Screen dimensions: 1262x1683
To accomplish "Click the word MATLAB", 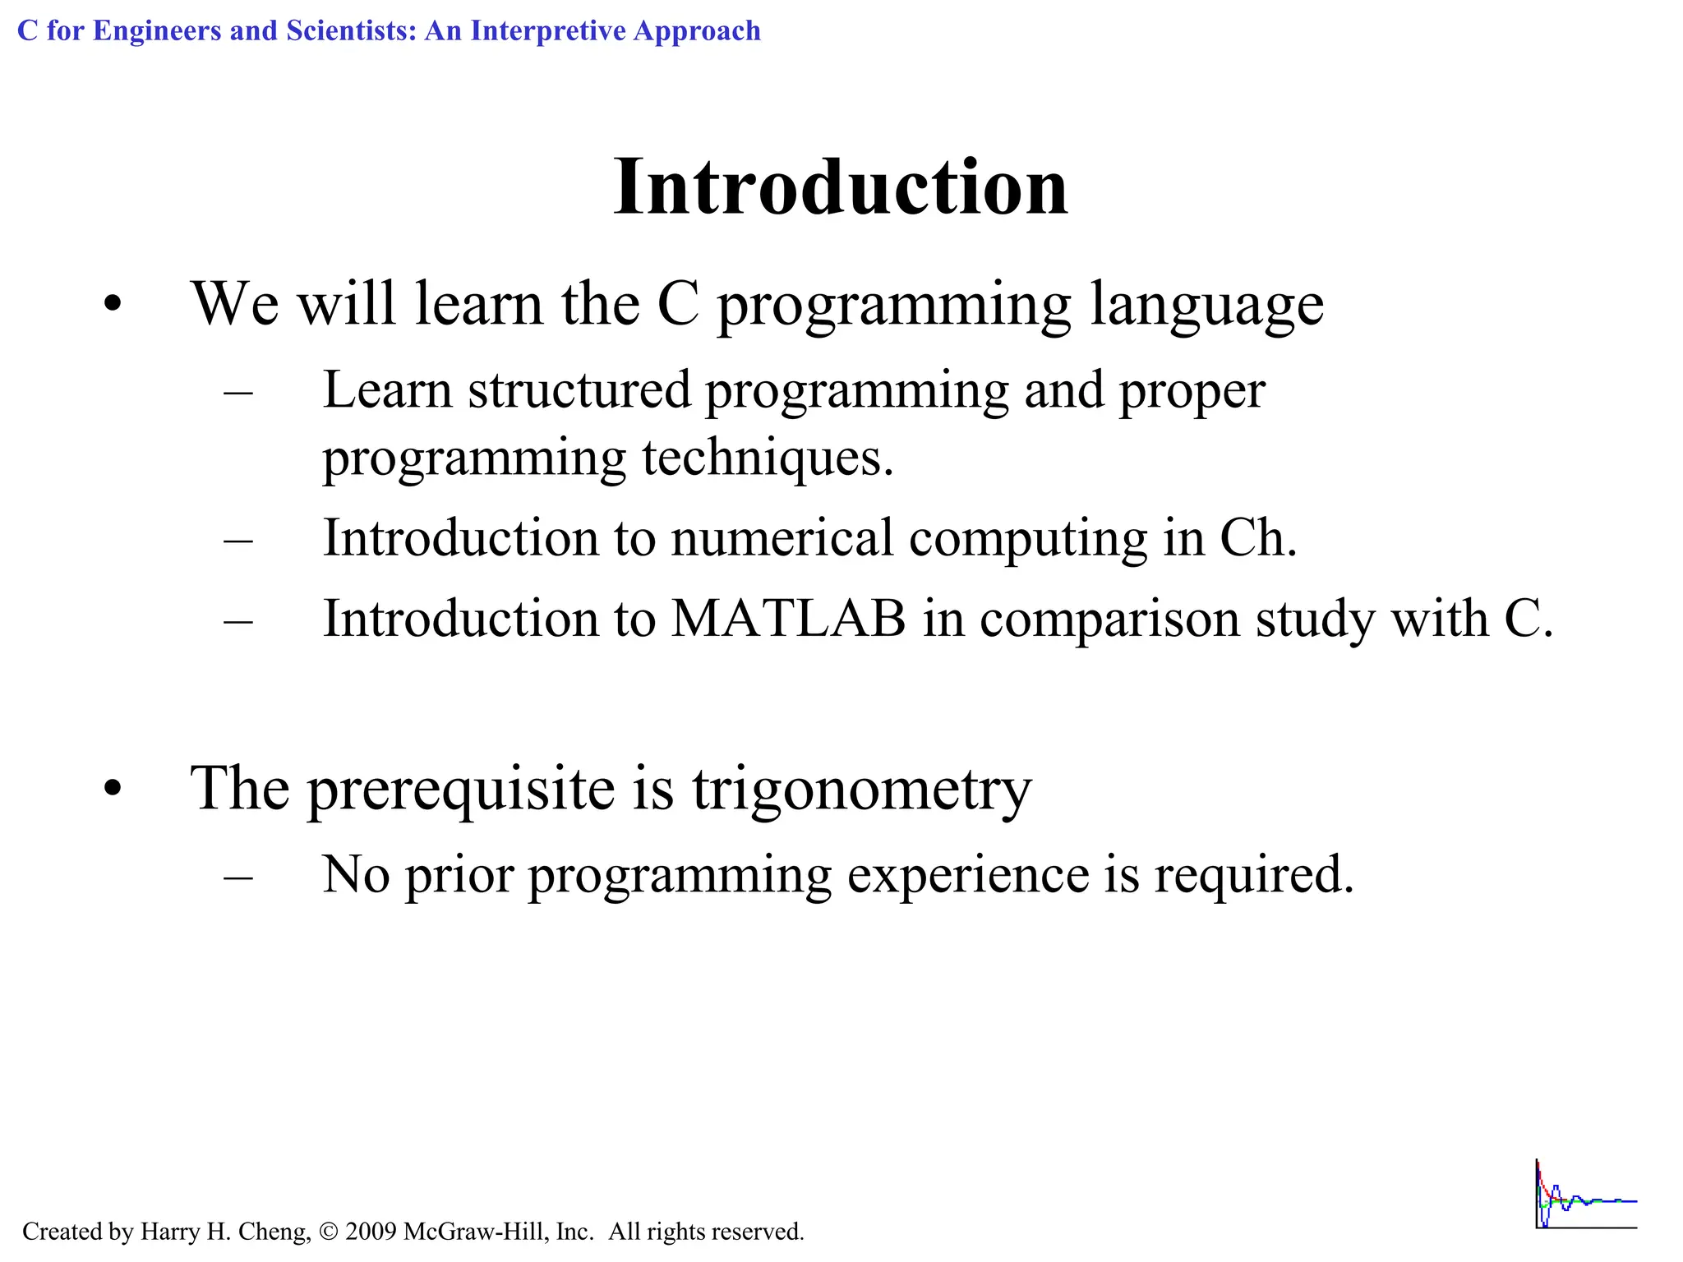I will point(788,619).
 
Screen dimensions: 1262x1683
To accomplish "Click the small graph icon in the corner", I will point(1585,1195).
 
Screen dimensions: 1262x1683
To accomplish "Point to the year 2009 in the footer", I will point(371,1232).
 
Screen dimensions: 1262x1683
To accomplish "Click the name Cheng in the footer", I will point(273,1232).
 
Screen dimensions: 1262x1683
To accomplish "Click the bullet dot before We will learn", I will point(113,306).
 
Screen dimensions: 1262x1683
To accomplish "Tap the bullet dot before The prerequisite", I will point(113,790).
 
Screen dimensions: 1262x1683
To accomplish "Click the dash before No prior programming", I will point(238,877).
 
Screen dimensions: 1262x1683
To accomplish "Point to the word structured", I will point(579,390).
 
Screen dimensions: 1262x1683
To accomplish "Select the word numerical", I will point(782,538).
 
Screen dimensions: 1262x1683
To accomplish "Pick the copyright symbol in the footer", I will point(329,1232).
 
